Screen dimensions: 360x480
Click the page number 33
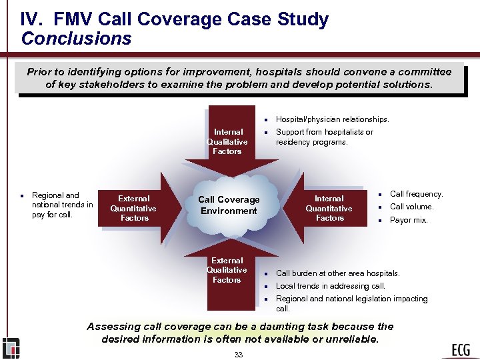pyautogui.click(x=239, y=355)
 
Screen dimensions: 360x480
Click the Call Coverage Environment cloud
pyautogui.click(x=229, y=205)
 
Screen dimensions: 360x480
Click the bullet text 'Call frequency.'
pyautogui.click(x=416, y=194)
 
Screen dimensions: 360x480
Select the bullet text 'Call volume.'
pyautogui.click(x=411, y=207)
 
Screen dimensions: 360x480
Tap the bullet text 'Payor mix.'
pyautogui.click(x=409, y=220)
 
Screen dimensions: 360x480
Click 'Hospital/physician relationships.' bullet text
pyautogui.click(x=332, y=119)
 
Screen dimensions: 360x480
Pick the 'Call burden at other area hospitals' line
pyautogui.click(x=337, y=273)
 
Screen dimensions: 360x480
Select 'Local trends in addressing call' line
pyautogui.click(x=331, y=286)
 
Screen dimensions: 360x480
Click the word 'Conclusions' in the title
pyautogui.click(x=76, y=39)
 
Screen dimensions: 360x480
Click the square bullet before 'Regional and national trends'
pyautogui.click(x=22, y=196)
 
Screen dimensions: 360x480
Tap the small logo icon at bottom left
pyautogui.click(x=11, y=348)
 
